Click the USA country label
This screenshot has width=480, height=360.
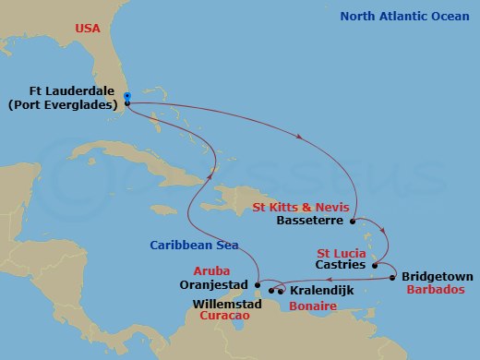point(89,30)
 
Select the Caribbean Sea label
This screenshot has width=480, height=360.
point(195,245)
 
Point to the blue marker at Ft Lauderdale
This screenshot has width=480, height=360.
point(126,95)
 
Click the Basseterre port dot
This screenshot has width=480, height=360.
point(354,221)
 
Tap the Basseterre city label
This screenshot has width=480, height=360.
point(311,222)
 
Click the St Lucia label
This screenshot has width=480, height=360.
point(342,252)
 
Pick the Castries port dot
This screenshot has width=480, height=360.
point(374,266)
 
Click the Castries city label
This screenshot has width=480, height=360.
point(342,266)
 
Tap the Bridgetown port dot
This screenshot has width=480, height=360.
point(393,277)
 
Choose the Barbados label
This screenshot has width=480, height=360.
point(436,289)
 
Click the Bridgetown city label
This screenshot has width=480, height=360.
point(437,276)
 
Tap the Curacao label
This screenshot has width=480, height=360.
point(226,316)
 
